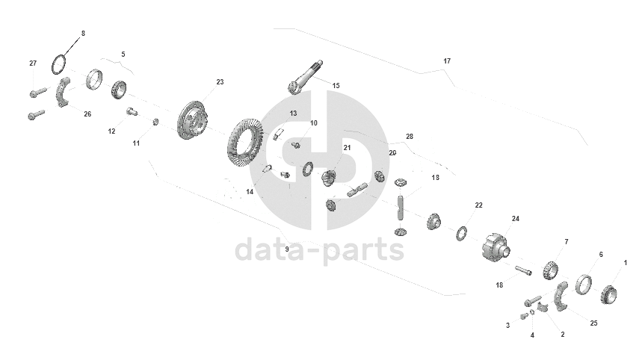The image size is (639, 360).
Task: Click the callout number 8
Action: pos(82,34)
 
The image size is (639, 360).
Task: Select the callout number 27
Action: pos(33,63)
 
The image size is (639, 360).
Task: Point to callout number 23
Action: pos(220,81)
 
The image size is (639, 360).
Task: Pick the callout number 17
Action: pos(447,60)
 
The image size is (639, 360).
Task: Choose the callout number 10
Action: pos(313,122)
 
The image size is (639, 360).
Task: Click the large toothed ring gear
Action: pos(244,143)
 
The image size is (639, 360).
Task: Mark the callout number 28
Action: pos(409,137)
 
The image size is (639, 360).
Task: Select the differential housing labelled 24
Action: pos(496,247)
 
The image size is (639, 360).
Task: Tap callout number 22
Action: pos(478,205)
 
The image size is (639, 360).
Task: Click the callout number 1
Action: pos(626,262)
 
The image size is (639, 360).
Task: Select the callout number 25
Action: pos(594,323)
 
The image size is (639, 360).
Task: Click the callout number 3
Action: pos(507,326)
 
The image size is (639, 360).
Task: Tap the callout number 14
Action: pos(250,192)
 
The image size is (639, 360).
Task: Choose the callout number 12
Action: pos(111,131)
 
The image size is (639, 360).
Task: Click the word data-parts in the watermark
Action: pos(319,250)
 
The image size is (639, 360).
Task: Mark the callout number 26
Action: pos(87,114)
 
